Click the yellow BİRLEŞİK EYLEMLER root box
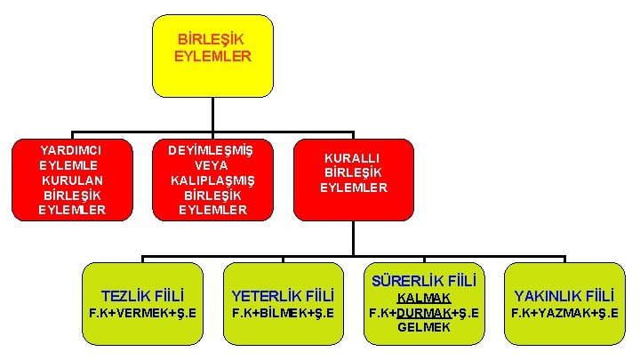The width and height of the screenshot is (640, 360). (x=212, y=55)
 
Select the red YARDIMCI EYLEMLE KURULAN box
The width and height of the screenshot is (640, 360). (x=72, y=179)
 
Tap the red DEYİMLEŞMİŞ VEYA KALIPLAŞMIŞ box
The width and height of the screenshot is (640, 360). (x=212, y=179)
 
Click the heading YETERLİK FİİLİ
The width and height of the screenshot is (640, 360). (x=283, y=295)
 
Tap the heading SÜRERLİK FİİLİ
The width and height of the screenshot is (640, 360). (x=424, y=279)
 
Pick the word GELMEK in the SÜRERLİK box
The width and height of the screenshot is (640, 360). (x=424, y=327)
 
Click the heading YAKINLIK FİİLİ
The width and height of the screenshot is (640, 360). (x=564, y=295)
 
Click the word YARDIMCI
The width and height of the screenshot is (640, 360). (x=71, y=149)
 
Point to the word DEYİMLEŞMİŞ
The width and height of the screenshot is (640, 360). (x=212, y=149)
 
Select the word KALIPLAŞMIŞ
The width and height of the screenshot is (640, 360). (x=212, y=180)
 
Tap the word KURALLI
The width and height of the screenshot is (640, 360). (x=354, y=157)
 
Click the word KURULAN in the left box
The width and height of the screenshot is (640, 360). (x=71, y=180)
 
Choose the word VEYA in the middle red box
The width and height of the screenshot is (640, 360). (x=212, y=164)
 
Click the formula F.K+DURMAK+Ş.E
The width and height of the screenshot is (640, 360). (x=424, y=312)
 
